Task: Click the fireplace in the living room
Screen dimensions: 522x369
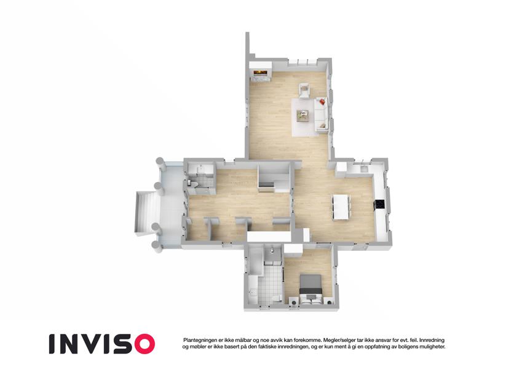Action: [260, 72]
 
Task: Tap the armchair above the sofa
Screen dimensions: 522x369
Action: [304, 90]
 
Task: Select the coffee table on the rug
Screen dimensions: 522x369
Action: [303, 116]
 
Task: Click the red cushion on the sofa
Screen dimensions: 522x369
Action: [322, 101]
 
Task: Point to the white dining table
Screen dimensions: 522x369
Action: [341, 207]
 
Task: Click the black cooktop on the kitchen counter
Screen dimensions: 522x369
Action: [379, 204]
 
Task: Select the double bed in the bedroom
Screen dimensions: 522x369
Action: [311, 287]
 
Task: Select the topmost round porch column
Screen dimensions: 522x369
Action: [160, 164]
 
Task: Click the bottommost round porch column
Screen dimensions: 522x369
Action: [157, 247]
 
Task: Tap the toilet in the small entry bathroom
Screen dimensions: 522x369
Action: [193, 183]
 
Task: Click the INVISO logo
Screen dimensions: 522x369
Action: [102, 344]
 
